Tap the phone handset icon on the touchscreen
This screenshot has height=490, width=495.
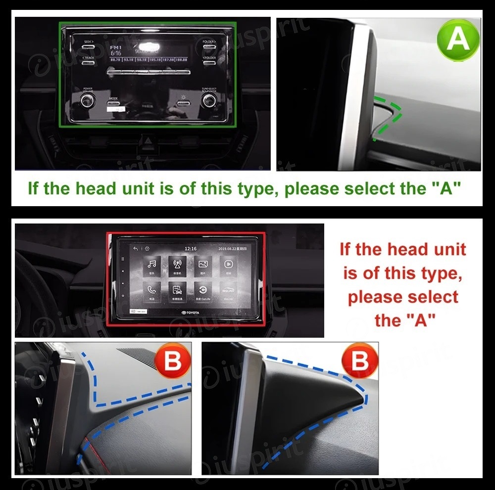(152, 290)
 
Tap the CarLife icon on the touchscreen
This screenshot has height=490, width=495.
(202, 290)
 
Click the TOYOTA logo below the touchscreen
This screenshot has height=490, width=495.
(190, 313)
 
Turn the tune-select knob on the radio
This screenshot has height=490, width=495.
(208, 101)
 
